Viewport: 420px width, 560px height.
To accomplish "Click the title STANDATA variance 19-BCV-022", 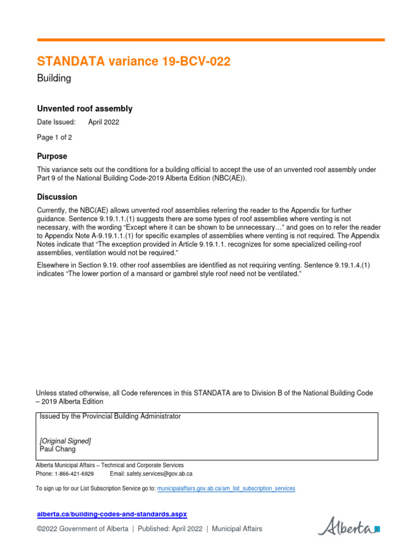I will pyautogui.click(x=133, y=62).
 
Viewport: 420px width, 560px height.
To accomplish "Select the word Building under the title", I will pyautogui.click(x=54, y=78).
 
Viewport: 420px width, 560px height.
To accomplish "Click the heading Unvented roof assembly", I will pyautogui.click(x=84, y=109).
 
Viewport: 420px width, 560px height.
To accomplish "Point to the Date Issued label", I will pyautogui.click(x=56, y=122).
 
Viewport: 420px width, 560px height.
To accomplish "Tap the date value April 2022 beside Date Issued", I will pyautogui.click(x=103, y=122).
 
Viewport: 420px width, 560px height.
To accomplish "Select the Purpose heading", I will pyautogui.click(x=52, y=156).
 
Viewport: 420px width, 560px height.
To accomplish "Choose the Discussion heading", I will pyautogui.click(x=57, y=197).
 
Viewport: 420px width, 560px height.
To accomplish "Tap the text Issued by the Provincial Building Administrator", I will pyautogui.click(x=110, y=416).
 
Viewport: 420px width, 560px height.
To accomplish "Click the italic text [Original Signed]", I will pyautogui.click(x=65, y=441).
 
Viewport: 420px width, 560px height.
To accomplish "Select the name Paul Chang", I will pyautogui.click(x=57, y=449).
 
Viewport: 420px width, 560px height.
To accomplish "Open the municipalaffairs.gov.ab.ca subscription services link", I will pyautogui.click(x=226, y=488).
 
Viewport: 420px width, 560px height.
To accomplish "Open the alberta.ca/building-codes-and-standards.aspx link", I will pyautogui.click(x=112, y=514).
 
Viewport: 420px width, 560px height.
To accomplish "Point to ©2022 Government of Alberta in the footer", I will pyautogui.click(x=83, y=529).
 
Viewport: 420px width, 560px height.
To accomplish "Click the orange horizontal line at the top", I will pyautogui.click(x=211, y=40).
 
